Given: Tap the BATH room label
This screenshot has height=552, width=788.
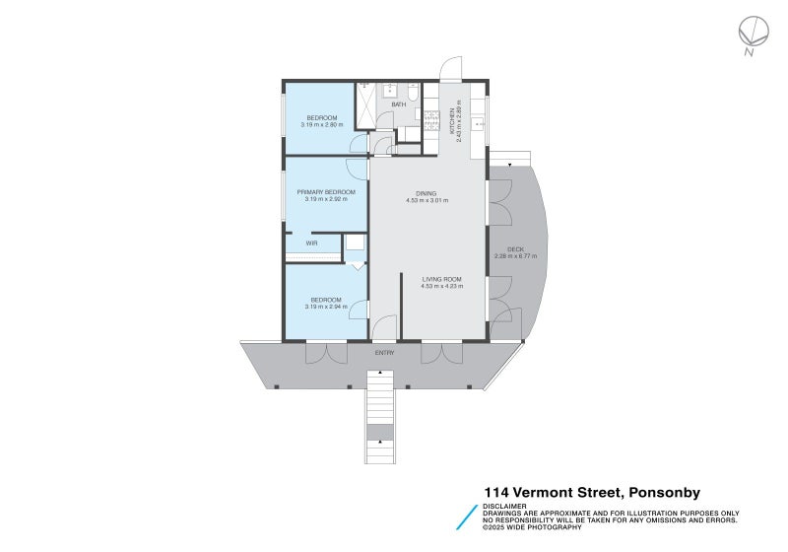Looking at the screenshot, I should [x=398, y=103].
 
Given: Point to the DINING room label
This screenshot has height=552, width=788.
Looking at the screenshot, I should [x=427, y=194].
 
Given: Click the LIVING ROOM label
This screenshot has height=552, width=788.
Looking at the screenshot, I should [x=440, y=279].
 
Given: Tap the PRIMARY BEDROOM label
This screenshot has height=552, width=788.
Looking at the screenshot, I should [x=326, y=192].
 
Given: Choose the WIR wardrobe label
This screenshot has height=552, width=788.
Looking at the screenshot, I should [x=310, y=242].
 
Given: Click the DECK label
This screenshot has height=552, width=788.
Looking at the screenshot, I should [x=514, y=249].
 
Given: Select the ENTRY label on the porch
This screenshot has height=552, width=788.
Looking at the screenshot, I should [x=384, y=352].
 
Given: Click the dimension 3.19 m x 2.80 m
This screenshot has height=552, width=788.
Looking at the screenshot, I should [x=326, y=124].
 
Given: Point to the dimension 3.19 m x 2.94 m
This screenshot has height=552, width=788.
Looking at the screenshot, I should [x=326, y=307].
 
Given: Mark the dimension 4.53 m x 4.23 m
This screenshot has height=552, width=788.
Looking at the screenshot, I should [x=440, y=286].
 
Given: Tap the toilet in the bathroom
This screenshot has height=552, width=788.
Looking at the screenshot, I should [x=414, y=93].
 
